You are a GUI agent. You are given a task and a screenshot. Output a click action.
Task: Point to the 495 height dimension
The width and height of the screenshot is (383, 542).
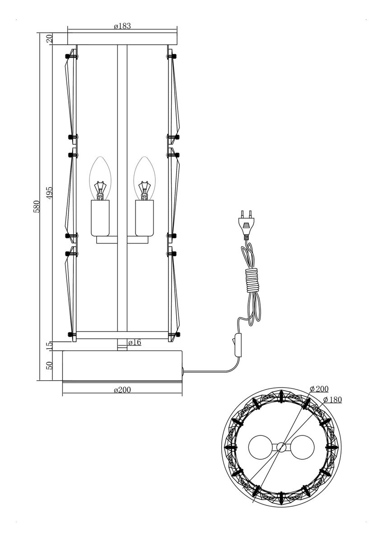click(50, 193)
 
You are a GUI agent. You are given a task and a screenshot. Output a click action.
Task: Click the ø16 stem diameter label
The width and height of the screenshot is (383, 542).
click(134, 343)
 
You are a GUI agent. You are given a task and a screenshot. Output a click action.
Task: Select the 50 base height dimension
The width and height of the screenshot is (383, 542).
click(50, 364)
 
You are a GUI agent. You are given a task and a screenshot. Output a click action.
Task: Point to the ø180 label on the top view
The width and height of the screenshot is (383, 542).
click(332, 399)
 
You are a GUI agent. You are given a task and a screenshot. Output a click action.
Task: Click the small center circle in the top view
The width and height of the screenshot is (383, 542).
click(281, 447)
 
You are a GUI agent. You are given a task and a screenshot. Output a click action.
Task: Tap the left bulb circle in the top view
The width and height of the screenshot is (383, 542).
click(261, 447)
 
